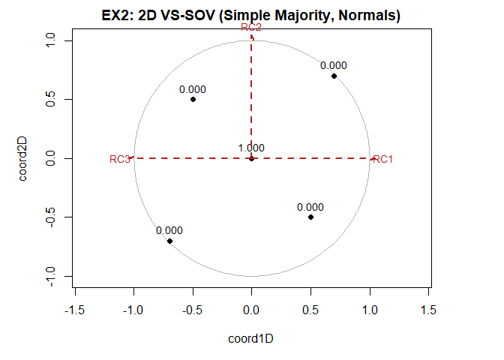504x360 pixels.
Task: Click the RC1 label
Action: pos(383,159)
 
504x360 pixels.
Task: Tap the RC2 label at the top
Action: pos(251,27)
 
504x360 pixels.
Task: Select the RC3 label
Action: pos(120,159)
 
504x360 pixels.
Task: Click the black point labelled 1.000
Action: pos(251,158)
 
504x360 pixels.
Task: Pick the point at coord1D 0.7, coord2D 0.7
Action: pos(334,76)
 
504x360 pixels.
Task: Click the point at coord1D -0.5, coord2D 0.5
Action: pos(193,99)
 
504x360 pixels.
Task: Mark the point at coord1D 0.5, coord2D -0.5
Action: pos(310,217)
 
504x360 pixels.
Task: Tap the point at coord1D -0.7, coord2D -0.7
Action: pos(169,241)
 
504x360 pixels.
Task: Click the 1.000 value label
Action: pos(251,148)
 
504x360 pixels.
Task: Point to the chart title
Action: pos(251,15)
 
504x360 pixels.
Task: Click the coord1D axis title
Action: pos(251,339)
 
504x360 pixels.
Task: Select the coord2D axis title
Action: pos(24,158)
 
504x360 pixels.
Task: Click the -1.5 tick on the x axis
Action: pos(74,310)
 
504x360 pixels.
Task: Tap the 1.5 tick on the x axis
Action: pos(428,310)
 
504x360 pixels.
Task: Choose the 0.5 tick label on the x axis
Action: pos(310,310)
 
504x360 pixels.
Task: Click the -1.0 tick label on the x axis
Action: pos(133,310)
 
